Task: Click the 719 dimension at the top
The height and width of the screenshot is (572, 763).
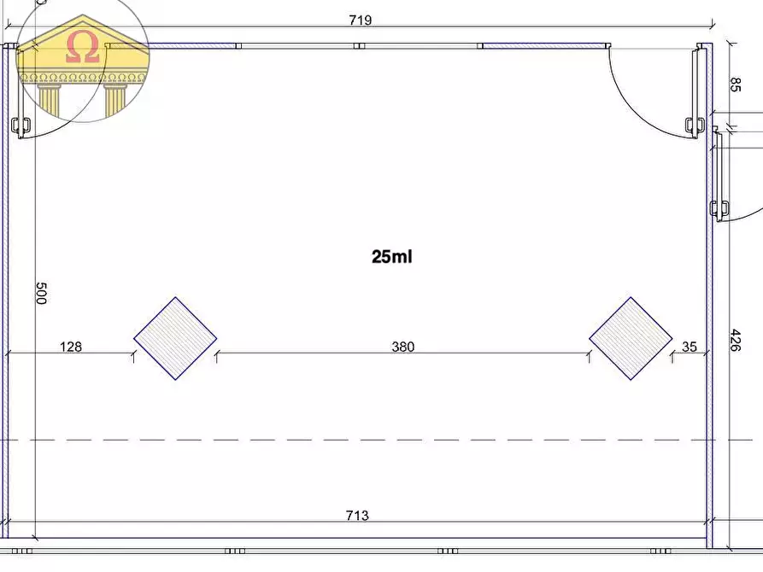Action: click(360, 20)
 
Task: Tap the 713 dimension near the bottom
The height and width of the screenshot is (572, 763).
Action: click(357, 515)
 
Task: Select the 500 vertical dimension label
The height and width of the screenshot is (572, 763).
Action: click(41, 294)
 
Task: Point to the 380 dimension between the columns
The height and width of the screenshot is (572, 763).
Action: click(403, 347)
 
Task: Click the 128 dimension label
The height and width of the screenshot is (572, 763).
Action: click(71, 347)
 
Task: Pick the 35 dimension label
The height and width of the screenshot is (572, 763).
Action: click(689, 347)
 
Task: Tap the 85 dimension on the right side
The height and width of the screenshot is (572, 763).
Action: click(736, 85)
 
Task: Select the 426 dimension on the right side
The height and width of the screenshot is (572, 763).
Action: click(736, 341)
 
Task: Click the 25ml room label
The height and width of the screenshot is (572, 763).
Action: click(391, 256)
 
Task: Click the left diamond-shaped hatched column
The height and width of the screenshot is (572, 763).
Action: click(175, 339)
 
